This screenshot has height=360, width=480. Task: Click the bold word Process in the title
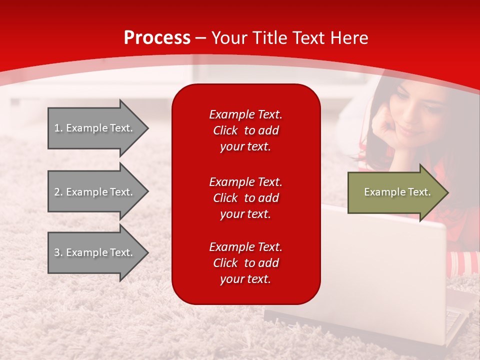click(x=157, y=38)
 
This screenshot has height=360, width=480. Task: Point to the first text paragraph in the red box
click(x=245, y=130)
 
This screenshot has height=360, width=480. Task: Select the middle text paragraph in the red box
click(x=245, y=198)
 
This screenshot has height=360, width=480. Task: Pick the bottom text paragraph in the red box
click(x=245, y=263)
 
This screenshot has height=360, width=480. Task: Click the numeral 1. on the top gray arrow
click(x=58, y=128)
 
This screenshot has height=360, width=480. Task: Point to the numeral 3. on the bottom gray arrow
click(x=58, y=252)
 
